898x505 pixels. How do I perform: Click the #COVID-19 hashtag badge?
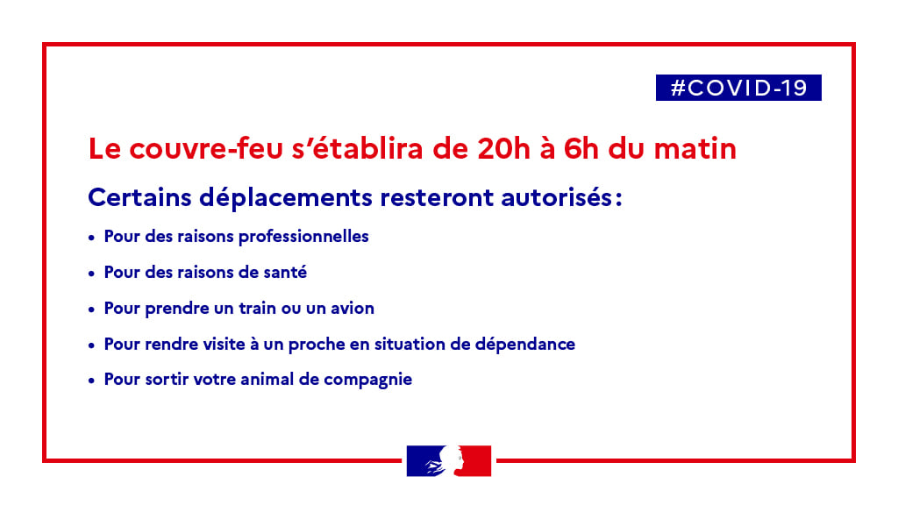click(738, 88)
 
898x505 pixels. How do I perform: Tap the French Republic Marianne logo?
click(449, 461)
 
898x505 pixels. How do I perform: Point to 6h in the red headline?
click(581, 148)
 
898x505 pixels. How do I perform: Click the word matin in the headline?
click(695, 148)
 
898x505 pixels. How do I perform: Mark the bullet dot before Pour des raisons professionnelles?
click(91, 238)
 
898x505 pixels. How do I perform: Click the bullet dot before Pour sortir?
click(91, 381)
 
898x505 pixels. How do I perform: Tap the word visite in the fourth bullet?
click(225, 344)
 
